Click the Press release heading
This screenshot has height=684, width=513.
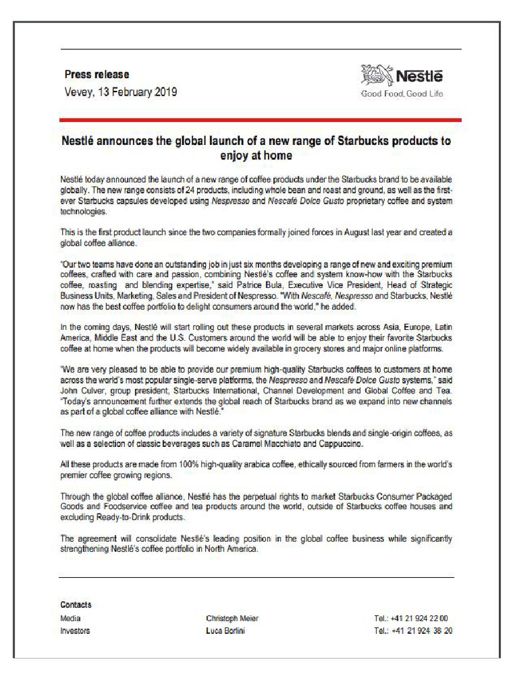coord(97,74)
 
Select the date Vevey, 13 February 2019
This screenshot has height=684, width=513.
coord(120,92)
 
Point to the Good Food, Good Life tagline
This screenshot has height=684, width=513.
coord(402,94)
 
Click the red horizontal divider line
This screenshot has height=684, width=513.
coord(261,120)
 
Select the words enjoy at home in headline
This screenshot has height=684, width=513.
coord(256,156)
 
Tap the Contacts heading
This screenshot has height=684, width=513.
coord(76,605)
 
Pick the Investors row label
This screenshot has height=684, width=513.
coord(75,631)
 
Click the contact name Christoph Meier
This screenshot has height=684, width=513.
coord(232,619)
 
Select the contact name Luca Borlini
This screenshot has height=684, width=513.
coord(226,631)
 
